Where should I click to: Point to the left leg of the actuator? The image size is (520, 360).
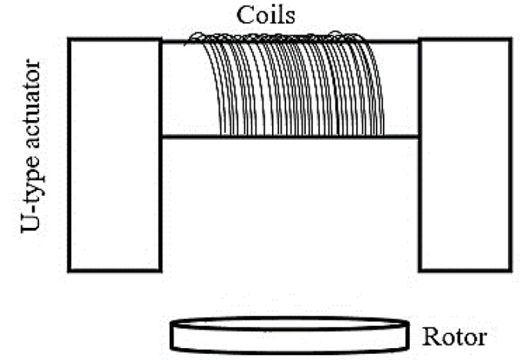click(x=114, y=155)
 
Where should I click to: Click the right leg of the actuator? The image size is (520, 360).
click(x=464, y=155)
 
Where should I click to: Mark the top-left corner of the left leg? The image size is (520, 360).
click(x=70, y=40)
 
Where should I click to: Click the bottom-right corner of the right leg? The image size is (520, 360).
click(x=509, y=270)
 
